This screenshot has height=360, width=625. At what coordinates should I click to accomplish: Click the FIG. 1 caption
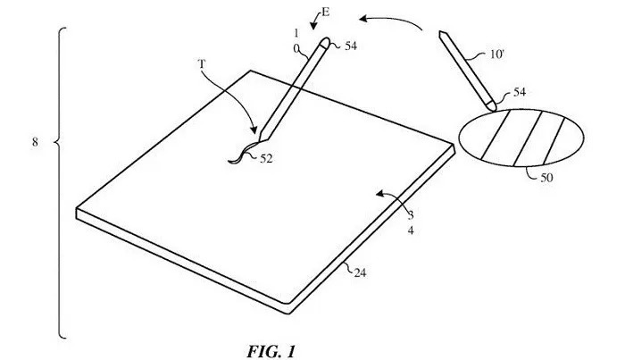tap(271, 351)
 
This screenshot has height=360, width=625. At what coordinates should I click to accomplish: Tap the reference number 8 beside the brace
tap(35, 142)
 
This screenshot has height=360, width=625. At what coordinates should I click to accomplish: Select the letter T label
tap(202, 63)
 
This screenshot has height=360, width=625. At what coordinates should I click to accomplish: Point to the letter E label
tap(326, 12)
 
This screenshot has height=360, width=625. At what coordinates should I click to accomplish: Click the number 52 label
tap(266, 159)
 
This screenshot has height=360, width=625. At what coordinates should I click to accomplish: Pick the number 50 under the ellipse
tap(546, 178)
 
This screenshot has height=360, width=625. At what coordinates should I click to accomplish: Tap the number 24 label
tap(360, 272)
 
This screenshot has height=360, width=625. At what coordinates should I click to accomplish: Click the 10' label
tap(497, 54)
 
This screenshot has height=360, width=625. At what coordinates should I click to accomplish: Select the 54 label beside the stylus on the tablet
tap(351, 46)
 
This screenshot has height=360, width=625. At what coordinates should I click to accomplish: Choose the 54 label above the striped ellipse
tap(520, 92)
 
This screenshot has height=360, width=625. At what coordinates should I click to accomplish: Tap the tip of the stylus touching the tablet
tap(260, 141)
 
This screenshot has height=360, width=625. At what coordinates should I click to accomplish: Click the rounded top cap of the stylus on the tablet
tap(325, 42)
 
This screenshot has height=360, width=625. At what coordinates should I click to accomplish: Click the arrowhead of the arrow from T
tap(253, 130)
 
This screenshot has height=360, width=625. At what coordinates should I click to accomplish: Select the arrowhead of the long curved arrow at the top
tap(363, 19)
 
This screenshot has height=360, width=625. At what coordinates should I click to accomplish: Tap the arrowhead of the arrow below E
tap(313, 26)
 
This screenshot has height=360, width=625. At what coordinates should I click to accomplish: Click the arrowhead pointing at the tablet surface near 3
tap(379, 194)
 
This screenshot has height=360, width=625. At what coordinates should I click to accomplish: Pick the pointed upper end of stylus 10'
tap(441, 33)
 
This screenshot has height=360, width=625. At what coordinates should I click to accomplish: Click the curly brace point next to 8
tap(54, 141)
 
